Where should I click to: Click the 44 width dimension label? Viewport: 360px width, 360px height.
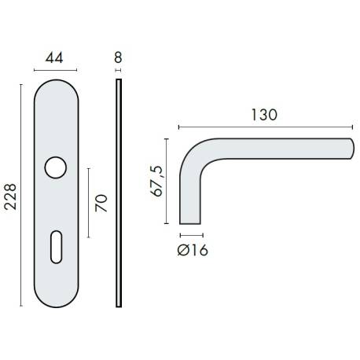55,57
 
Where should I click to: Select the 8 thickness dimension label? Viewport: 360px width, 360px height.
119,57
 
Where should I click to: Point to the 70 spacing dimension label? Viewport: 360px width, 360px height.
101,203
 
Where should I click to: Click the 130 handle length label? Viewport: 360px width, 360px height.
264,114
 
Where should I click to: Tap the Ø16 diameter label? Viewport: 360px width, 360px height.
193,250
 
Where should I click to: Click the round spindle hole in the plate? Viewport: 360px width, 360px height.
55,167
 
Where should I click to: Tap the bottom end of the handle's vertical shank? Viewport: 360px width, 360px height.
189,222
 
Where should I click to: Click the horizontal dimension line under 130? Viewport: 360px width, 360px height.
265,126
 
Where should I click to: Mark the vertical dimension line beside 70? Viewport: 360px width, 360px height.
88,203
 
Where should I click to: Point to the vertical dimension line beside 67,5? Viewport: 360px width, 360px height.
167,181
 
